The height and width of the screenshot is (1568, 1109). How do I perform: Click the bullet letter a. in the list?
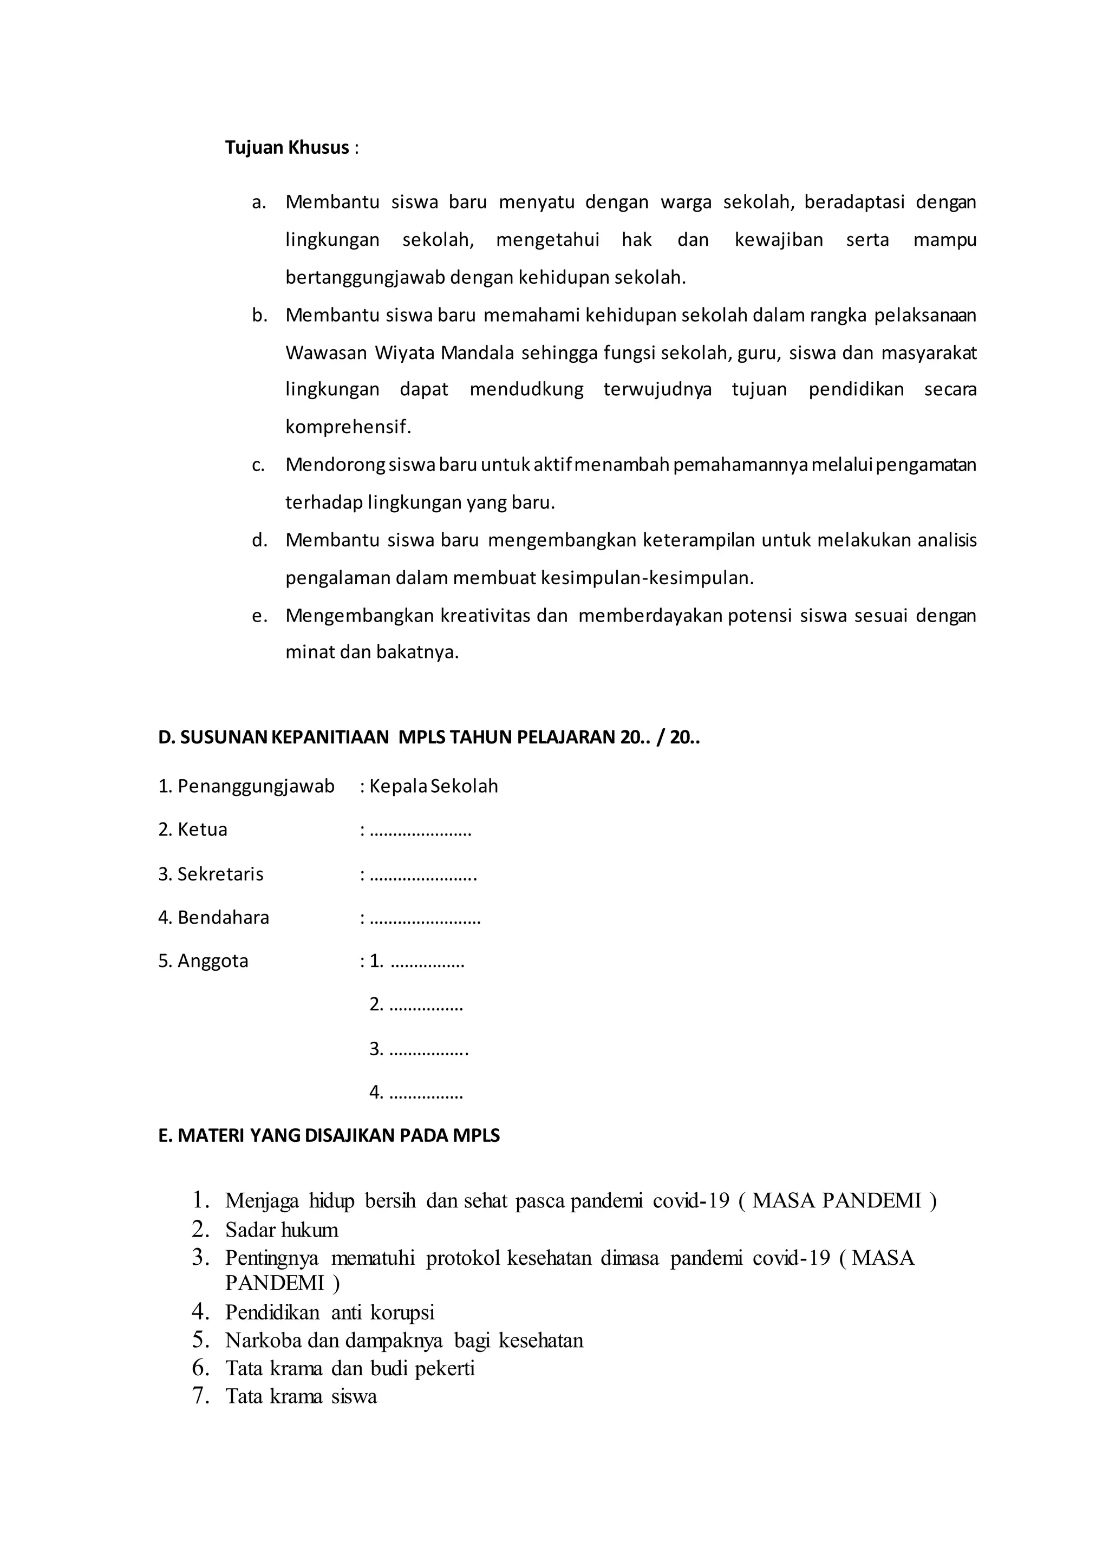(x=258, y=203)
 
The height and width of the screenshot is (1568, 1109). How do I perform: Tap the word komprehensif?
(x=348, y=428)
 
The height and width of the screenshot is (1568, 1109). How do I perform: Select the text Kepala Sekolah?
(x=434, y=786)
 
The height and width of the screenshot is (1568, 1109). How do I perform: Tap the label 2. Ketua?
(x=193, y=830)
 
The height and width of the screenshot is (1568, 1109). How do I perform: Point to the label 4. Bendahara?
(x=214, y=917)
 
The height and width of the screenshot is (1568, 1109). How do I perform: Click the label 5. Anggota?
(x=204, y=961)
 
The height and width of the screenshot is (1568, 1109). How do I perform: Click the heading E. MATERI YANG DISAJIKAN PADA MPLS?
(x=329, y=1136)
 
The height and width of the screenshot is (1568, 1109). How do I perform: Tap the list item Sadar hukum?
(x=282, y=1230)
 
